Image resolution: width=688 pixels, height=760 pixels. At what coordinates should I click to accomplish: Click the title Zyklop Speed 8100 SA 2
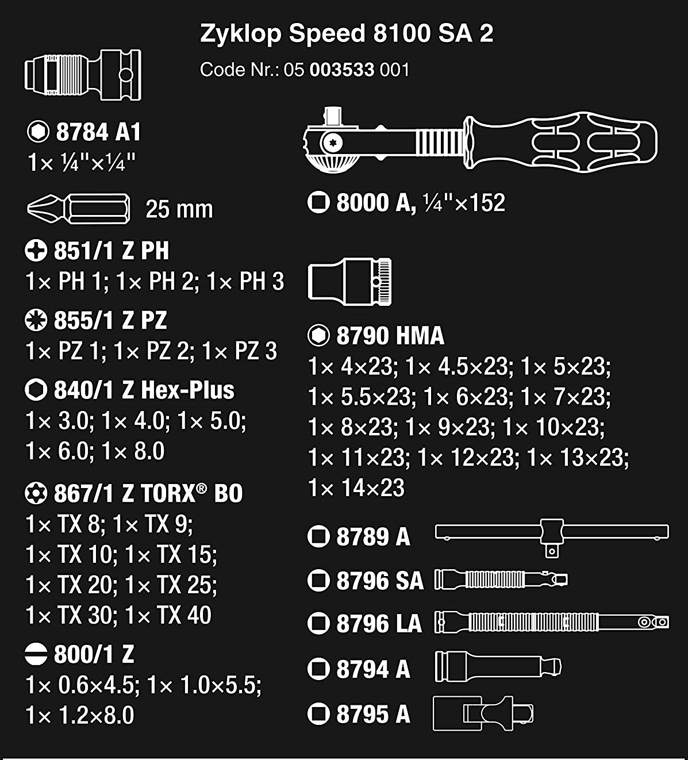click(347, 34)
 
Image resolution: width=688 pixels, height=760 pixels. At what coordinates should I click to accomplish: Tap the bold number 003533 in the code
click(342, 70)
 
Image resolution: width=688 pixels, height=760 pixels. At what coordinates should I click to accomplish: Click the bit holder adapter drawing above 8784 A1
click(83, 75)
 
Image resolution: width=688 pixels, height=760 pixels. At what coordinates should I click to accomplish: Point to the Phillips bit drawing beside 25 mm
click(78, 209)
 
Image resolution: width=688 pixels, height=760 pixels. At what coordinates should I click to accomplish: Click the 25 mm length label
click(179, 209)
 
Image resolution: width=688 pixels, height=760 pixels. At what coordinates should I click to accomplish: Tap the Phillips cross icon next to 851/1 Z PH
click(36, 251)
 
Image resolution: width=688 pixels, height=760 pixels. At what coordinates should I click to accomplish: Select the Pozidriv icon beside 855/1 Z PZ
click(36, 320)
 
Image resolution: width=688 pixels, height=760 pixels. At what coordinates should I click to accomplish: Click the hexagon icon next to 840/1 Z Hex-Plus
click(36, 390)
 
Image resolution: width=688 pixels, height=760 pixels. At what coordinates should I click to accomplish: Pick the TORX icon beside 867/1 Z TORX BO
click(36, 493)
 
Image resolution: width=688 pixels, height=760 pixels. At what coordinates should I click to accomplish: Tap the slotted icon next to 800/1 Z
click(36, 654)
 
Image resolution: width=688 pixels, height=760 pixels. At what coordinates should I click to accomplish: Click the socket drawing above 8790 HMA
click(349, 282)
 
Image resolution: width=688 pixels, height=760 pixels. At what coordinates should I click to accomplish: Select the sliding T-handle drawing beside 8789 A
click(552, 538)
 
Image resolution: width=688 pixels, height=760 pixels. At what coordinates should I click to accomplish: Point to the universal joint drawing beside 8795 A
click(483, 714)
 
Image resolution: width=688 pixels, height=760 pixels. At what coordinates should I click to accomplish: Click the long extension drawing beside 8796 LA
click(552, 622)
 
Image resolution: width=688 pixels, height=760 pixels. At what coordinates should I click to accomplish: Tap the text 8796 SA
click(380, 581)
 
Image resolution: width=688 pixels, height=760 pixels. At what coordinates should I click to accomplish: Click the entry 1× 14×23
click(356, 488)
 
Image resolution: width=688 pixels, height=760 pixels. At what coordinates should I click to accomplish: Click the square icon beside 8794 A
click(318, 669)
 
